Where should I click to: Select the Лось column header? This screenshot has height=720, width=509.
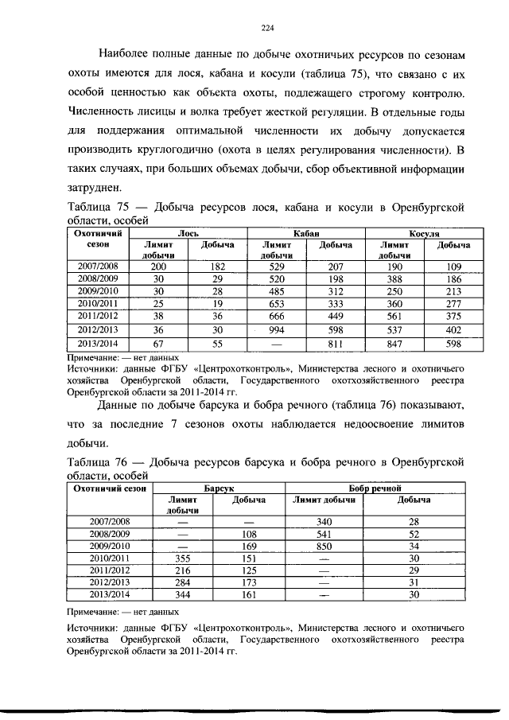tap(188, 234)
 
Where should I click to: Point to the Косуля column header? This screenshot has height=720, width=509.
tap(425, 234)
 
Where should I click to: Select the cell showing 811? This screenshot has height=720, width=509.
tap(336, 345)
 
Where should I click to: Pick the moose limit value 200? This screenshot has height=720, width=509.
tap(158, 267)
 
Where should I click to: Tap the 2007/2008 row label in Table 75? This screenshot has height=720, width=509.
tap(96, 267)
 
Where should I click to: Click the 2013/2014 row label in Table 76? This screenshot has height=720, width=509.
tap(110, 594)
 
